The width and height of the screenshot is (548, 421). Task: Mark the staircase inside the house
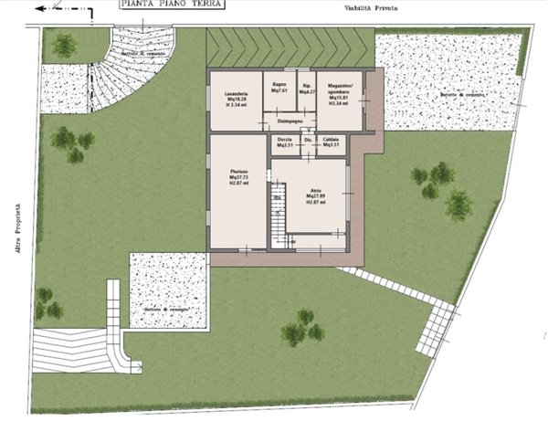click(x=278, y=216)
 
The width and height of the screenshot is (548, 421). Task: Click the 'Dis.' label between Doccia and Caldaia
click(x=308, y=140)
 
